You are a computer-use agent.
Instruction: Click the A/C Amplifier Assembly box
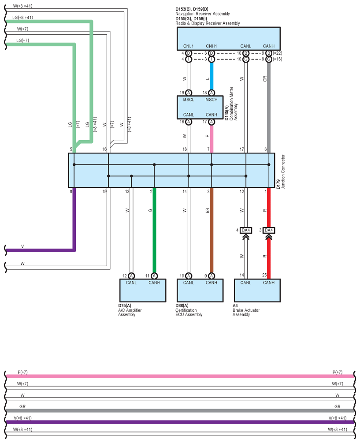pos(143,290)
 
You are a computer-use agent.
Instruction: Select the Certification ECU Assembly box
pos(200,290)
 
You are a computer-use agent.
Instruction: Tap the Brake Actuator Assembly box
pos(257,290)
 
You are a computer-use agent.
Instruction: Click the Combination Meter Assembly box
pos(200,108)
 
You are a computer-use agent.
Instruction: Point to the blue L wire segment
pos(212,76)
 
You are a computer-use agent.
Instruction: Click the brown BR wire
pos(212,230)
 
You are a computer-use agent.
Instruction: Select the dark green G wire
pos(154,230)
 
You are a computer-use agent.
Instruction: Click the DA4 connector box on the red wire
pos(269,230)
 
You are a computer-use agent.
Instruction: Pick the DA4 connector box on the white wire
pos(246,230)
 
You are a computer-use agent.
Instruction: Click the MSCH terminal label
pos(212,100)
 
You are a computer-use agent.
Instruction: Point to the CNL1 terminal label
pos(188,46)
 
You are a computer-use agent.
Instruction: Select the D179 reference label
pos(278,184)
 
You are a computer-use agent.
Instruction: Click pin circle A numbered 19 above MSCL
pos(189,93)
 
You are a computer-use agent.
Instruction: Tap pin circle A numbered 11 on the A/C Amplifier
pos(154,276)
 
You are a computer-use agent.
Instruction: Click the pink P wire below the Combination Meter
pos(212,139)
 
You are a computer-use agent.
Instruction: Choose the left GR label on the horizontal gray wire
pos(22,406)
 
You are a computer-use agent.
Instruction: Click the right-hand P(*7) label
pos(338,372)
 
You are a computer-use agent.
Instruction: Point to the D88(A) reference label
pos(182,305)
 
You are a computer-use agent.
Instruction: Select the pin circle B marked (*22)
pos(269,53)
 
